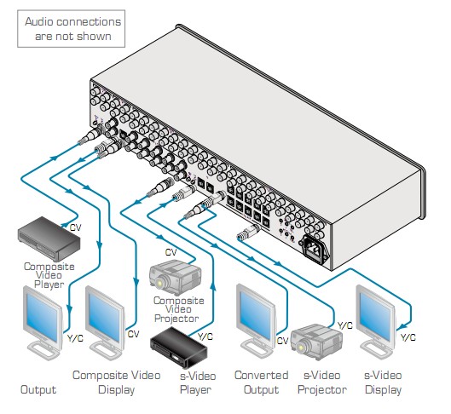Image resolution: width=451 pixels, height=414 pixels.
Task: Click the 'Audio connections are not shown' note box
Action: click(71, 29)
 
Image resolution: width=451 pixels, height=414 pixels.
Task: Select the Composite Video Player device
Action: click(49, 239)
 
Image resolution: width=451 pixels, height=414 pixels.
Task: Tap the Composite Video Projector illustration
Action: click(175, 277)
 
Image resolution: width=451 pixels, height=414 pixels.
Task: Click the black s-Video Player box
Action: click(179, 347)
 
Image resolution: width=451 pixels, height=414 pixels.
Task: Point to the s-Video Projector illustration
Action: click(316, 342)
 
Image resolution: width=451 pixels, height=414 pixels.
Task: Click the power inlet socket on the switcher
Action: click(315, 248)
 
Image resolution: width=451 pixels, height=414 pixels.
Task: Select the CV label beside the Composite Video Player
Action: click(75, 227)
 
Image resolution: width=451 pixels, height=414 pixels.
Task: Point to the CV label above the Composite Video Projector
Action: click(171, 252)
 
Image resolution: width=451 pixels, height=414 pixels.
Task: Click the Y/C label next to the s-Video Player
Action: click(205, 336)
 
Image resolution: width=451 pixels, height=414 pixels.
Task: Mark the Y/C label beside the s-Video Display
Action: click(408, 337)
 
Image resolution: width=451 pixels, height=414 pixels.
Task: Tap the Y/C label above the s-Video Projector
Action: click(345, 325)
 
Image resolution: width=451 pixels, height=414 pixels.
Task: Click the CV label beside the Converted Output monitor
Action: click(282, 341)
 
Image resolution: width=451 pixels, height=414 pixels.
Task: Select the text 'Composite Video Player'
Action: click(49, 275)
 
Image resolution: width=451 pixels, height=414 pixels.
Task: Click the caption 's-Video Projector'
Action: click(322, 382)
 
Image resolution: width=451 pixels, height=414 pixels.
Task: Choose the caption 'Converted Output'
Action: click(261, 382)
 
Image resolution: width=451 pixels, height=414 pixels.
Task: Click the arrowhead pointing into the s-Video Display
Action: click(403, 326)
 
